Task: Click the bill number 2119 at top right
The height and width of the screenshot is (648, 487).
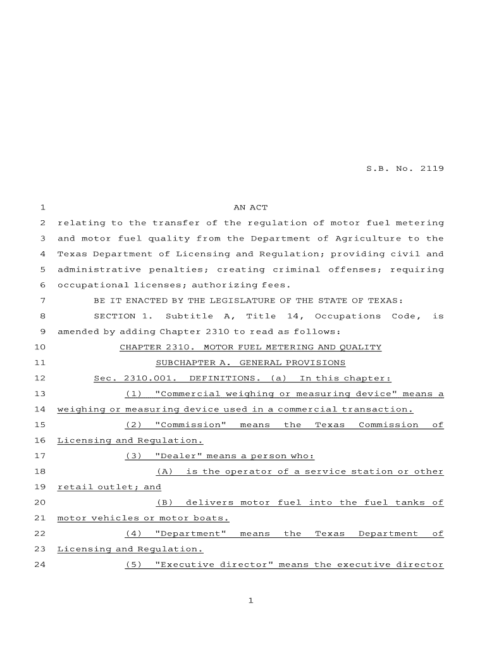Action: (431, 169)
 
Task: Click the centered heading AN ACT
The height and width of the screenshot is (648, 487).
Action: (250, 208)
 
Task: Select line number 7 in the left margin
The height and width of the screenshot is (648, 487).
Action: (42, 301)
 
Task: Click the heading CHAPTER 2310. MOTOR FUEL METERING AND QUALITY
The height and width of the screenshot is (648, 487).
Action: (250, 347)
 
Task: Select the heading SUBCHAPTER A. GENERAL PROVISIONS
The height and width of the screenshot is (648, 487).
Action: (250, 363)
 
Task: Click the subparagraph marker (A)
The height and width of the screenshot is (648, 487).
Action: (164, 471)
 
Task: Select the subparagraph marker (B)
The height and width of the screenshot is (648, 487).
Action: (164, 502)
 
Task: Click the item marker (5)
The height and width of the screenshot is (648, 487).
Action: (133, 564)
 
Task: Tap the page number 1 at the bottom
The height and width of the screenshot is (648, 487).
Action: (250, 601)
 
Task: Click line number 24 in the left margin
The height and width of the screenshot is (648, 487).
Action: (40, 564)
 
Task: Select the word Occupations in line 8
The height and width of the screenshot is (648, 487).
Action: (347, 316)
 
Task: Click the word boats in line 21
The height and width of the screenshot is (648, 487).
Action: (213, 518)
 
